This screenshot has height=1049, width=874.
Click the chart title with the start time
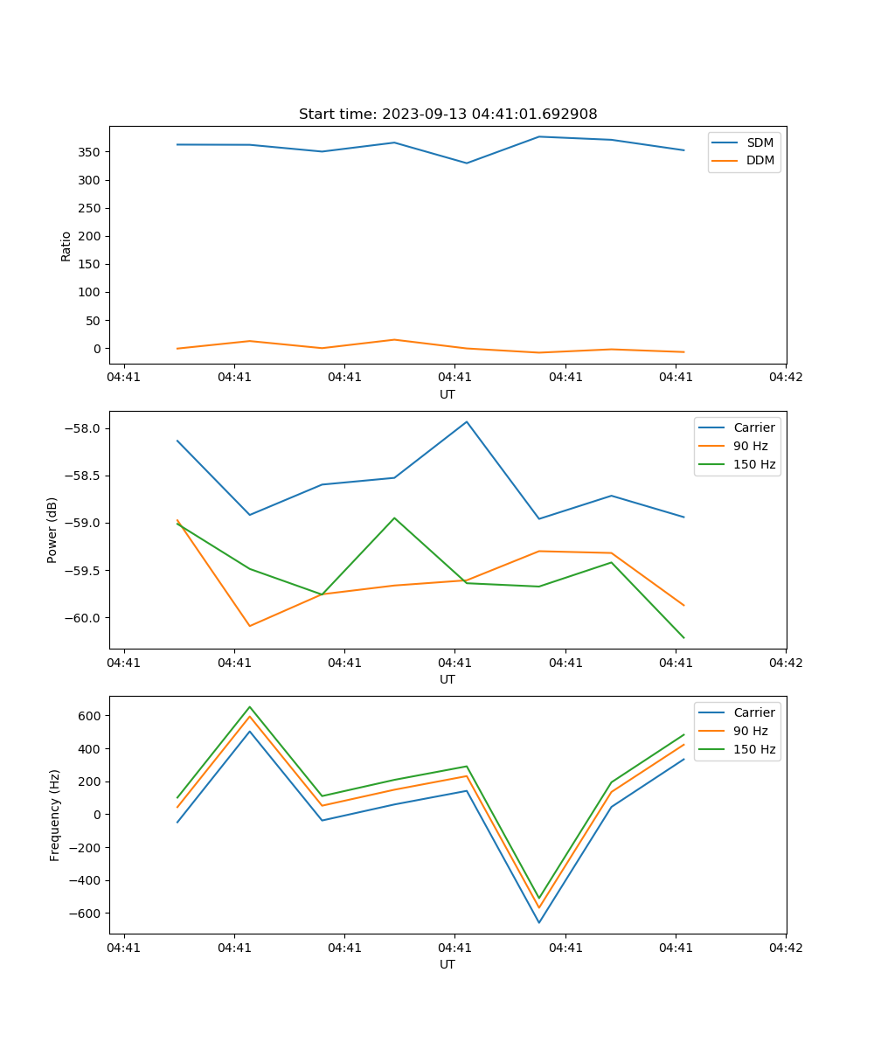click(x=447, y=115)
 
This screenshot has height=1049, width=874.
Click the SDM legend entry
click(x=760, y=142)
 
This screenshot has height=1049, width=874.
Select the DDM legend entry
click(x=760, y=160)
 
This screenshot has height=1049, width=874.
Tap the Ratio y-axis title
click(x=66, y=245)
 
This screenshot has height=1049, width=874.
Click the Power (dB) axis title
click(x=52, y=530)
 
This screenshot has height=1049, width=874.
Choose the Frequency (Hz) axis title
click(x=55, y=815)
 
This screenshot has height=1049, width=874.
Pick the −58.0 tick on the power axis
click(x=84, y=428)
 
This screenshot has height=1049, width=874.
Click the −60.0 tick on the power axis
click(x=84, y=618)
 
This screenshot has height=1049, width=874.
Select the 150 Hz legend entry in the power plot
click(x=754, y=464)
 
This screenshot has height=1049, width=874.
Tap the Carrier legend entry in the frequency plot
click(x=753, y=712)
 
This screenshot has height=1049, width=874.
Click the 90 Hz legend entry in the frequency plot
click(x=750, y=731)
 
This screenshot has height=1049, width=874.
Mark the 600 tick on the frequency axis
click(x=91, y=716)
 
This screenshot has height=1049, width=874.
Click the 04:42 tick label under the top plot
click(x=785, y=378)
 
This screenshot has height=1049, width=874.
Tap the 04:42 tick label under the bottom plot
click(x=785, y=948)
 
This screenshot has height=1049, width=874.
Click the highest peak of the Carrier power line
click(x=467, y=421)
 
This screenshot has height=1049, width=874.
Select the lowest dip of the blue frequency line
click(x=539, y=922)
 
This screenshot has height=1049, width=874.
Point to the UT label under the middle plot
click(x=447, y=679)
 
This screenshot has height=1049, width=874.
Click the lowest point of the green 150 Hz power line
click(x=683, y=638)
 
